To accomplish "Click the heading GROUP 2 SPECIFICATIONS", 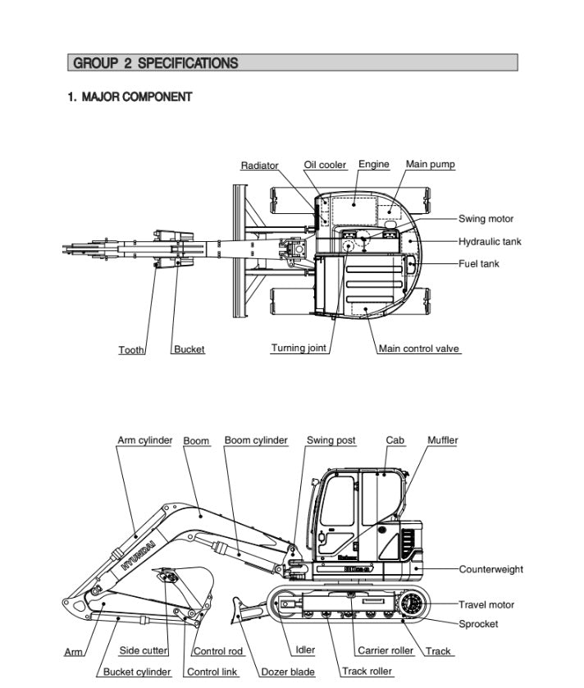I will pyautogui.click(x=156, y=63).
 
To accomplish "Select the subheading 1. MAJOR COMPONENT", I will pyautogui.click(x=130, y=97).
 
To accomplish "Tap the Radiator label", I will pyautogui.click(x=259, y=166).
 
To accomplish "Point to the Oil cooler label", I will pyautogui.click(x=325, y=165).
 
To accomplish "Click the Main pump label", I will pyautogui.click(x=430, y=164).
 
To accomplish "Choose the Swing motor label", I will pyautogui.click(x=486, y=219).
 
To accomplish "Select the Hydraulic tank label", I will pyautogui.click(x=489, y=242).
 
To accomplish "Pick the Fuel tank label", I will pyautogui.click(x=478, y=264).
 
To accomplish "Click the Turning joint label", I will pyautogui.click(x=299, y=349).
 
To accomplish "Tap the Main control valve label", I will pyautogui.click(x=418, y=349).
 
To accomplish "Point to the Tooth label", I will pyautogui.click(x=131, y=350).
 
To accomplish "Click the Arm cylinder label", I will pyautogui.click(x=144, y=440).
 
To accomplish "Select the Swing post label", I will pyautogui.click(x=331, y=440).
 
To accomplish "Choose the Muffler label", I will pyautogui.click(x=442, y=440).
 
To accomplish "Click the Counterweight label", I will pyautogui.click(x=490, y=569).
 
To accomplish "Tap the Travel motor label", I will pyautogui.click(x=486, y=605).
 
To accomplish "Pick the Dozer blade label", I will pyautogui.click(x=287, y=672).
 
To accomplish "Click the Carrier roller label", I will pyautogui.click(x=385, y=651).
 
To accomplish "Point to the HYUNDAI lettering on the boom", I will pyautogui.click(x=137, y=554).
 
